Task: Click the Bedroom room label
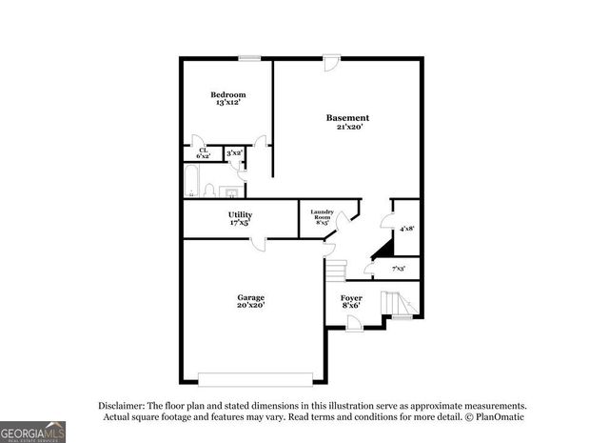(228, 94)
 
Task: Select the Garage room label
(250, 297)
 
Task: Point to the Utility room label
(239, 215)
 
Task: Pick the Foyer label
(350, 297)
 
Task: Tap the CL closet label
(203, 150)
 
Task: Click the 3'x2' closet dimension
(234, 152)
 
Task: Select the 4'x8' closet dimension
(406, 229)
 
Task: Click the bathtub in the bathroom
(190, 181)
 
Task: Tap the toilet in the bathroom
(210, 189)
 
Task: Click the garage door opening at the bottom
(254, 374)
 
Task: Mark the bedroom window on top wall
(249, 58)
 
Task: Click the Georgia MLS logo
(32, 430)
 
